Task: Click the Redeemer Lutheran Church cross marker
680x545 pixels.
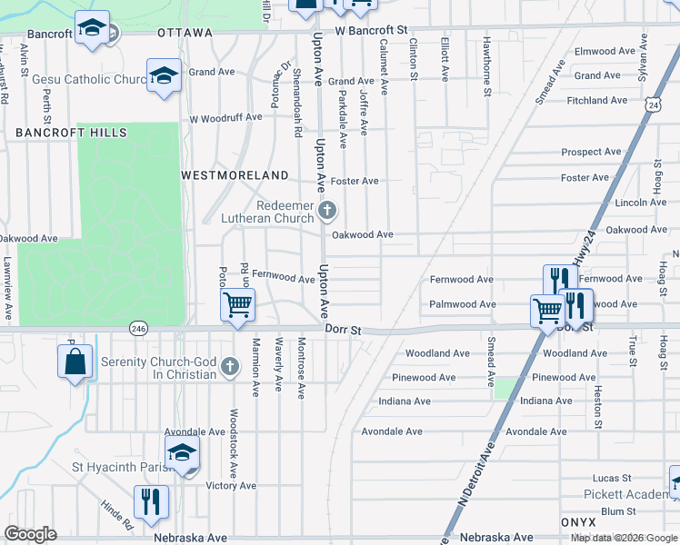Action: tap(328, 212)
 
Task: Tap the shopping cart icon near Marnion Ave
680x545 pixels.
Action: tap(237, 304)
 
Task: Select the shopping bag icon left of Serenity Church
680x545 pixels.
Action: tap(75, 361)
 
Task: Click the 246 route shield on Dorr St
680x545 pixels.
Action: tap(138, 328)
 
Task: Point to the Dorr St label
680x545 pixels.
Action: tap(342, 332)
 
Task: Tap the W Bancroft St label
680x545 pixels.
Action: tap(369, 32)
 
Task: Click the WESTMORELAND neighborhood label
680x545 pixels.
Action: tap(235, 174)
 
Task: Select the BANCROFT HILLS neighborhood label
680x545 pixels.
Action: tap(71, 133)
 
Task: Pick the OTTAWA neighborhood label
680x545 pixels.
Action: tap(185, 33)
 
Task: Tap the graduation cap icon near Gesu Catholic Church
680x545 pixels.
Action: tap(165, 74)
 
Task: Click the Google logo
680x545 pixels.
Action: tap(30, 534)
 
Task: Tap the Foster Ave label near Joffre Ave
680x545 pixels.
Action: tap(355, 181)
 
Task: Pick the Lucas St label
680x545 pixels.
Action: tap(611, 478)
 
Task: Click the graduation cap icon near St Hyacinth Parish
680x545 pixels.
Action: tap(182, 452)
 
